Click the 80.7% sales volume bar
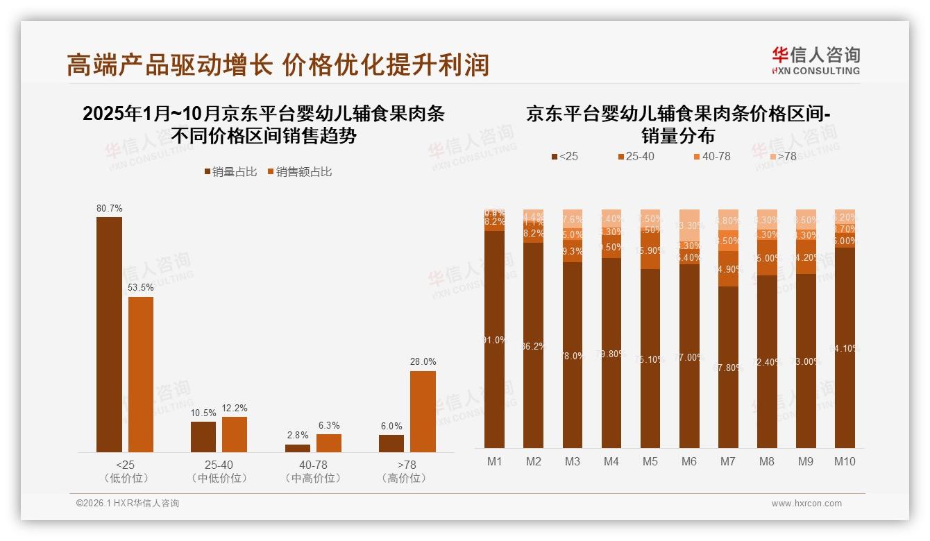(109, 334)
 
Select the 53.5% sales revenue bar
(141, 375)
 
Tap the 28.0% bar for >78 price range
(423, 411)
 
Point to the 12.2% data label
(235, 408)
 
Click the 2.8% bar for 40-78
(298, 448)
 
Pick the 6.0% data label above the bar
(391, 426)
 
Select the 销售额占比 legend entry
(299, 172)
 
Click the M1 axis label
(494, 461)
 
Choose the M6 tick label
(689, 461)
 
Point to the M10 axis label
(845, 461)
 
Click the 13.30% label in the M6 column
(690, 225)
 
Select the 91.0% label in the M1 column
(495, 340)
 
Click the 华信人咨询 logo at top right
(815, 60)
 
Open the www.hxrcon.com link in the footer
(806, 504)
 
